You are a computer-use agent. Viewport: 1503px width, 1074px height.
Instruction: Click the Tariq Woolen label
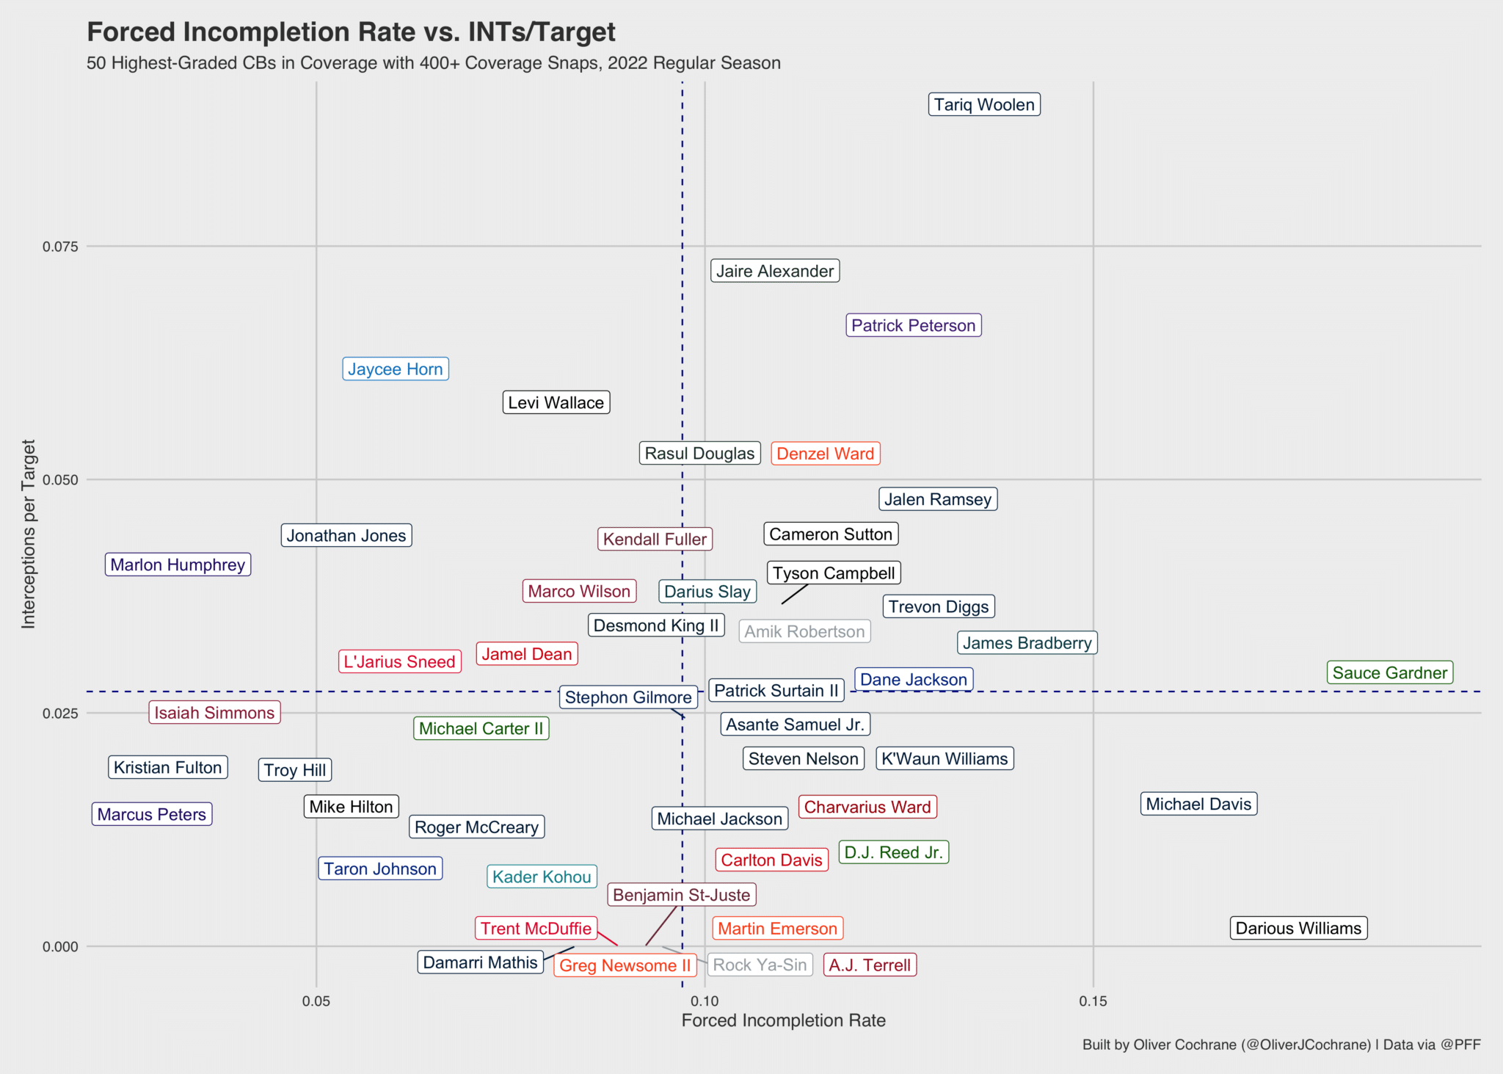pyautogui.click(x=984, y=105)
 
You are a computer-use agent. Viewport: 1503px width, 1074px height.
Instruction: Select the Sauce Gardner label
pyautogui.click(x=1389, y=672)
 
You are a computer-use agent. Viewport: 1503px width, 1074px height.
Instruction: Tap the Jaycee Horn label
pyautogui.click(x=395, y=369)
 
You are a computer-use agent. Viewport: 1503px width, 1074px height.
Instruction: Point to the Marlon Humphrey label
pyautogui.click(x=178, y=565)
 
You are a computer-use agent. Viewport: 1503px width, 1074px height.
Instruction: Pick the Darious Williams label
pyautogui.click(x=1298, y=928)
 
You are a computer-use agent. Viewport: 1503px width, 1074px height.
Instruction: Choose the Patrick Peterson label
pyautogui.click(x=913, y=325)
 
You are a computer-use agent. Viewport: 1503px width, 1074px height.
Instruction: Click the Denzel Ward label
pyautogui.click(x=825, y=454)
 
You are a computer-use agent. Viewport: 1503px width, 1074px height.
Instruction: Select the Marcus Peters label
pyautogui.click(x=151, y=814)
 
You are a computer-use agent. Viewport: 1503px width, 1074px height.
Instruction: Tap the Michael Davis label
pyautogui.click(x=1198, y=804)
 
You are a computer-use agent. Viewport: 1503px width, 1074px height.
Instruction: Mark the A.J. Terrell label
pyautogui.click(x=870, y=965)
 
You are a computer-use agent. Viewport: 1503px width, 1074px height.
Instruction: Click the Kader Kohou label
pyautogui.click(x=542, y=877)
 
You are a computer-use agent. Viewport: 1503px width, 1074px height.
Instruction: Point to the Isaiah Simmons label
pyautogui.click(x=214, y=713)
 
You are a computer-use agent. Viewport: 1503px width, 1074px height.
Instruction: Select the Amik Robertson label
pyautogui.click(x=804, y=631)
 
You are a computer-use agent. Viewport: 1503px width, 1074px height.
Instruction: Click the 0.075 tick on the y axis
pyautogui.click(x=60, y=247)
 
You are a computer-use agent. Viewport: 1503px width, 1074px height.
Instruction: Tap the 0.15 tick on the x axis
pyautogui.click(x=1093, y=1001)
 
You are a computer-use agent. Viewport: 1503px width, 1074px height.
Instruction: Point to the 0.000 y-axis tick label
pyautogui.click(x=60, y=947)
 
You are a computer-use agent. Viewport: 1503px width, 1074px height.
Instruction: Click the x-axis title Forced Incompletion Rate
pyautogui.click(x=783, y=1020)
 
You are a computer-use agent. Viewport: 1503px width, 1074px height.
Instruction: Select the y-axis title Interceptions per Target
pyautogui.click(x=29, y=534)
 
